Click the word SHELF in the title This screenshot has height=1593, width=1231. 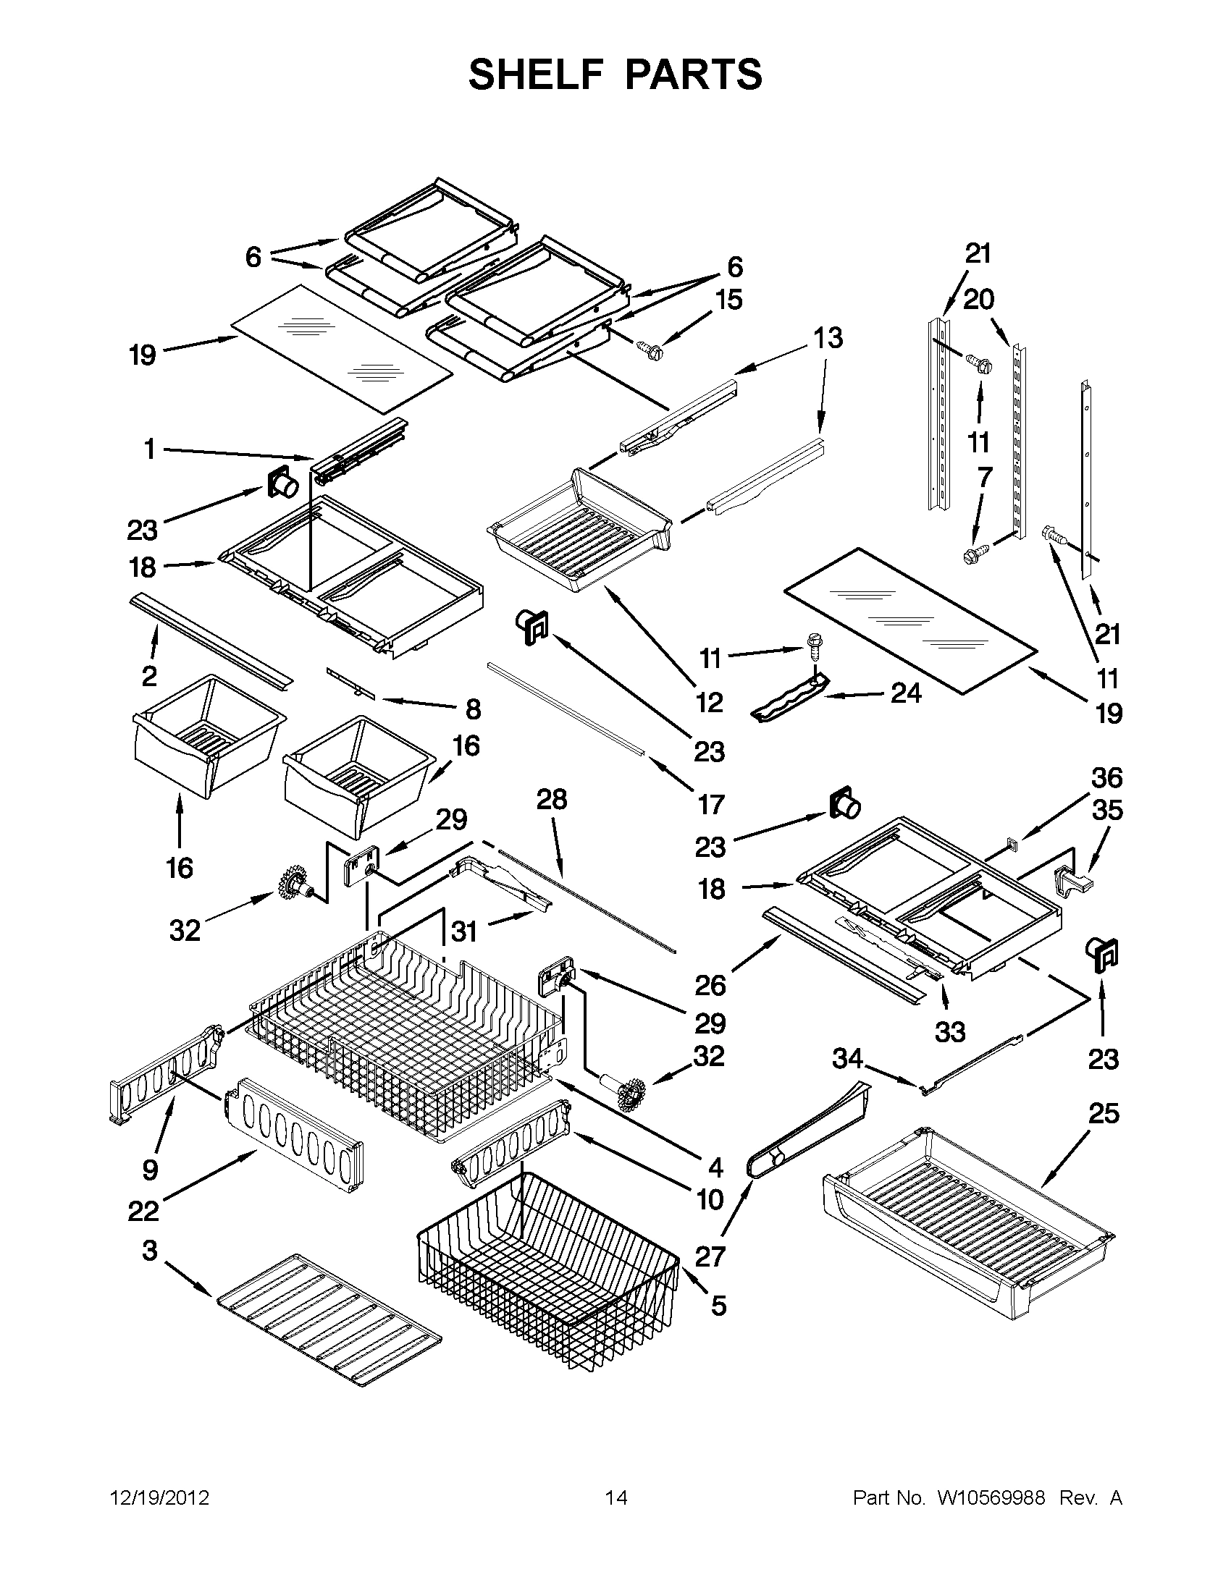pyautogui.click(x=536, y=75)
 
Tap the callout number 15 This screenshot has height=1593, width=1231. pyautogui.click(x=728, y=300)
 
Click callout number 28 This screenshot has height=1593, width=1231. pyautogui.click(x=552, y=800)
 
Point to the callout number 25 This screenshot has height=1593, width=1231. pyautogui.click(x=1104, y=1114)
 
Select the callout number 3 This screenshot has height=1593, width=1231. pyautogui.click(x=150, y=1251)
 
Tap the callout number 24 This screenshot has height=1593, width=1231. pyautogui.click(x=906, y=693)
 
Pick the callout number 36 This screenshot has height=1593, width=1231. pyautogui.click(x=1106, y=778)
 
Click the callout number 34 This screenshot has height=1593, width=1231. pyautogui.click(x=848, y=1058)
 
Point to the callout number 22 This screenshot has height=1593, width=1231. pyautogui.click(x=143, y=1212)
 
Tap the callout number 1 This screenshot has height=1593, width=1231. pyautogui.click(x=150, y=449)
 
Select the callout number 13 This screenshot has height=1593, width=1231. pyautogui.click(x=828, y=338)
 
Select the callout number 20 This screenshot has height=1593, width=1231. pyautogui.click(x=978, y=299)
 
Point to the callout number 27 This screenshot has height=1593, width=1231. pyautogui.click(x=710, y=1256)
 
